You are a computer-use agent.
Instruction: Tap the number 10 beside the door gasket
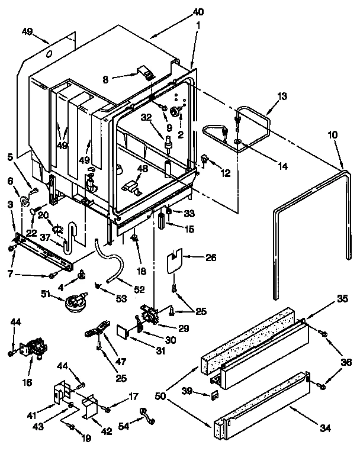click(332, 135)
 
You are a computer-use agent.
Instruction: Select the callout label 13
click(281, 96)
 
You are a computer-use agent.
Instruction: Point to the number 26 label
click(211, 257)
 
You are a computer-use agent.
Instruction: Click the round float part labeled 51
click(76, 302)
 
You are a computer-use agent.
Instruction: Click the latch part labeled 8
click(144, 73)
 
